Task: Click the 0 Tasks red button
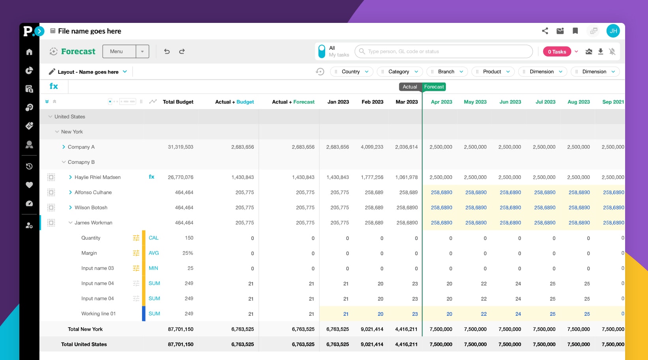click(557, 52)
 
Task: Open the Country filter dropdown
click(351, 71)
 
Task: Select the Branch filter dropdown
click(447, 71)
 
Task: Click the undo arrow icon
click(167, 51)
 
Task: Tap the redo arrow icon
click(182, 51)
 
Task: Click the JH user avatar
click(613, 31)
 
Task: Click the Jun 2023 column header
click(510, 102)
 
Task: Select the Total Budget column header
click(178, 102)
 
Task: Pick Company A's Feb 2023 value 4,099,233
click(372, 147)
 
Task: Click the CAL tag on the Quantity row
click(154, 238)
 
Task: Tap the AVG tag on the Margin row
click(154, 253)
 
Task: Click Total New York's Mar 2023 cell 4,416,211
click(406, 329)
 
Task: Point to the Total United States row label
click(84, 344)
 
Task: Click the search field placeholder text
click(403, 51)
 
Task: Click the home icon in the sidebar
click(29, 52)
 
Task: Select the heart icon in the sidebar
click(29, 185)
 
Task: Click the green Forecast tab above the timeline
click(434, 87)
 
